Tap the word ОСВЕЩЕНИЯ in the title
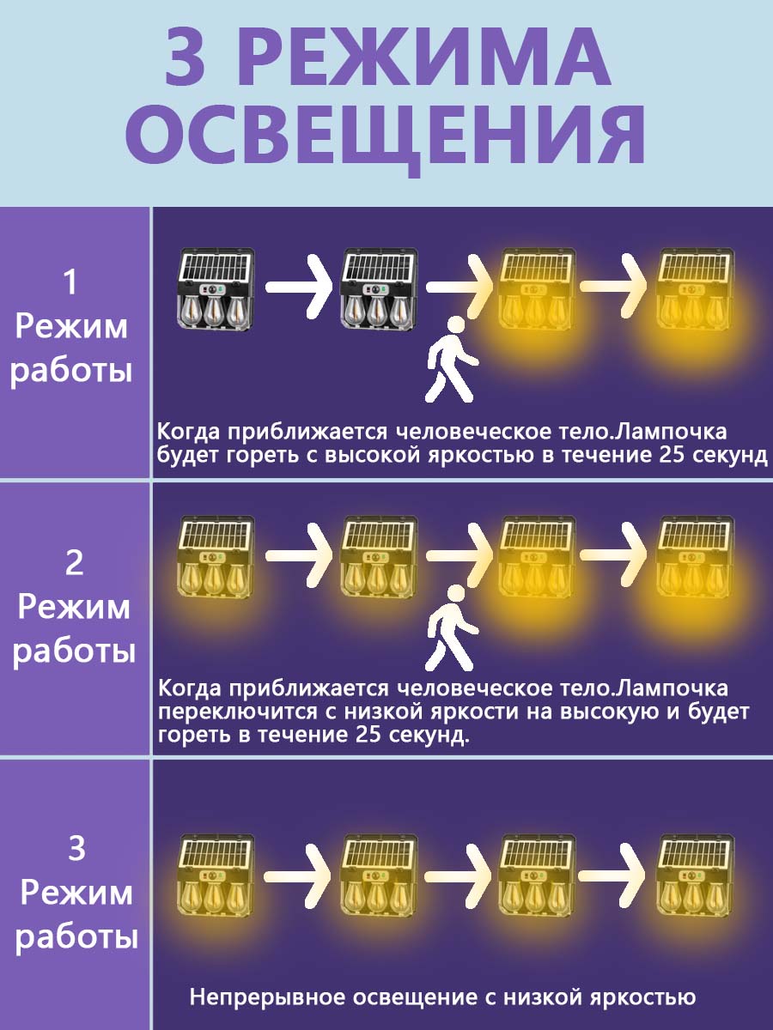(385, 137)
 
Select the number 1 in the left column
(70, 282)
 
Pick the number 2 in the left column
(74, 562)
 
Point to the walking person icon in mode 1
(452, 359)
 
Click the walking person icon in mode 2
(452, 627)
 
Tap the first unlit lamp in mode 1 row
(216, 290)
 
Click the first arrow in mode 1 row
(299, 286)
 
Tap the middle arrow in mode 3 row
(457, 876)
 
